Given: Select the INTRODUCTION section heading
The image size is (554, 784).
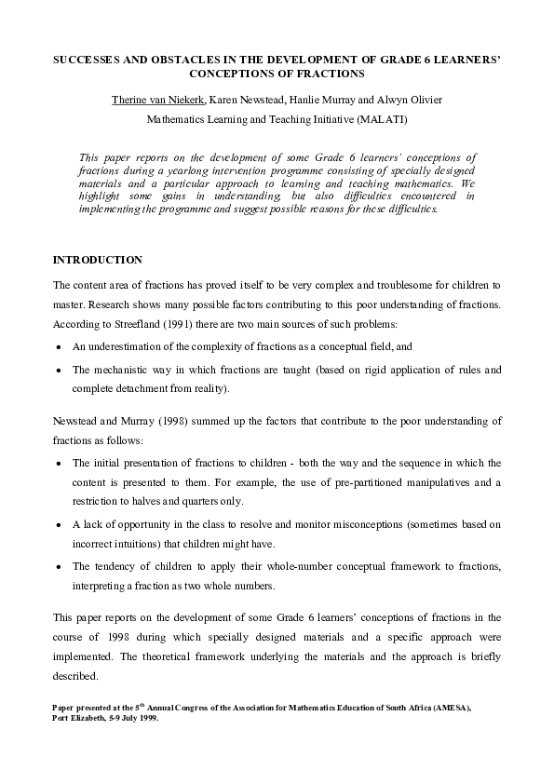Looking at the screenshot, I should coord(98,259).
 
